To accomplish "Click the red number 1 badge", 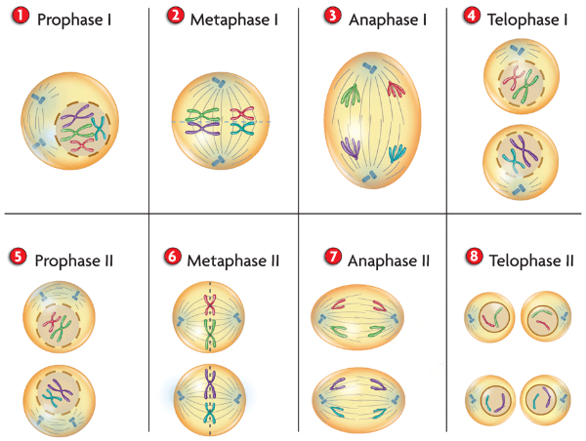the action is pyautogui.click(x=21, y=17).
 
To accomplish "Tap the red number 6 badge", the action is pyautogui.click(x=172, y=257).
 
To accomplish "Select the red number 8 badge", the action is pyautogui.click(x=474, y=257).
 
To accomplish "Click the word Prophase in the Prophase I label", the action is pyautogui.click(x=70, y=20).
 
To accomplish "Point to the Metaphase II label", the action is pyautogui.click(x=233, y=261).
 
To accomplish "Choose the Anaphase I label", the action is pyautogui.click(x=387, y=20).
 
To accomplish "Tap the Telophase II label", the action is pyautogui.click(x=531, y=261).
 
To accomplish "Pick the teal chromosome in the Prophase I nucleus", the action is pyautogui.click(x=99, y=128).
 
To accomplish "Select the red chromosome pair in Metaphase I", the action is pyautogui.click(x=242, y=113).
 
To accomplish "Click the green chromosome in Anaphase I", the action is pyautogui.click(x=352, y=95).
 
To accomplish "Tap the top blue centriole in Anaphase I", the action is pyautogui.click(x=371, y=67).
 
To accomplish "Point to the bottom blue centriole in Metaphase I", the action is pyautogui.click(x=218, y=161).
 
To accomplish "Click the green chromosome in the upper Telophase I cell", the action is pyautogui.click(x=523, y=87).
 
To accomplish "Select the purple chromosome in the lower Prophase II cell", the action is pyautogui.click(x=62, y=390).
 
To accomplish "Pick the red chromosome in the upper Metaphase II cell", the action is pyautogui.click(x=210, y=305).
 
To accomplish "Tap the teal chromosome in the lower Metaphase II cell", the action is pyautogui.click(x=210, y=414).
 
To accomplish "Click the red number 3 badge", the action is pyautogui.click(x=332, y=17).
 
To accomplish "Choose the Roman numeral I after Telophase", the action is pyautogui.click(x=565, y=20).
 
